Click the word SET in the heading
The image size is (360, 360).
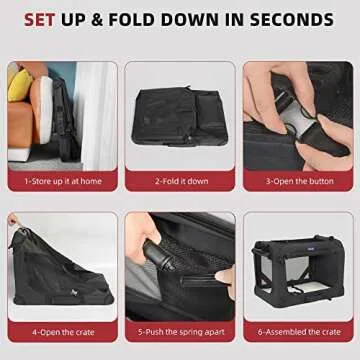(45, 20)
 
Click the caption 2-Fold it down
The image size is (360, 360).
(180, 182)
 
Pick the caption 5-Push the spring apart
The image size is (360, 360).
(180, 329)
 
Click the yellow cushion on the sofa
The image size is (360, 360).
(19, 84)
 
